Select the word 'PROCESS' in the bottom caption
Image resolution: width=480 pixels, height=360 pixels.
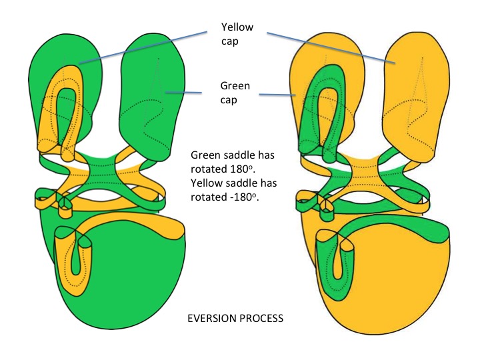[x=261, y=319]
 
